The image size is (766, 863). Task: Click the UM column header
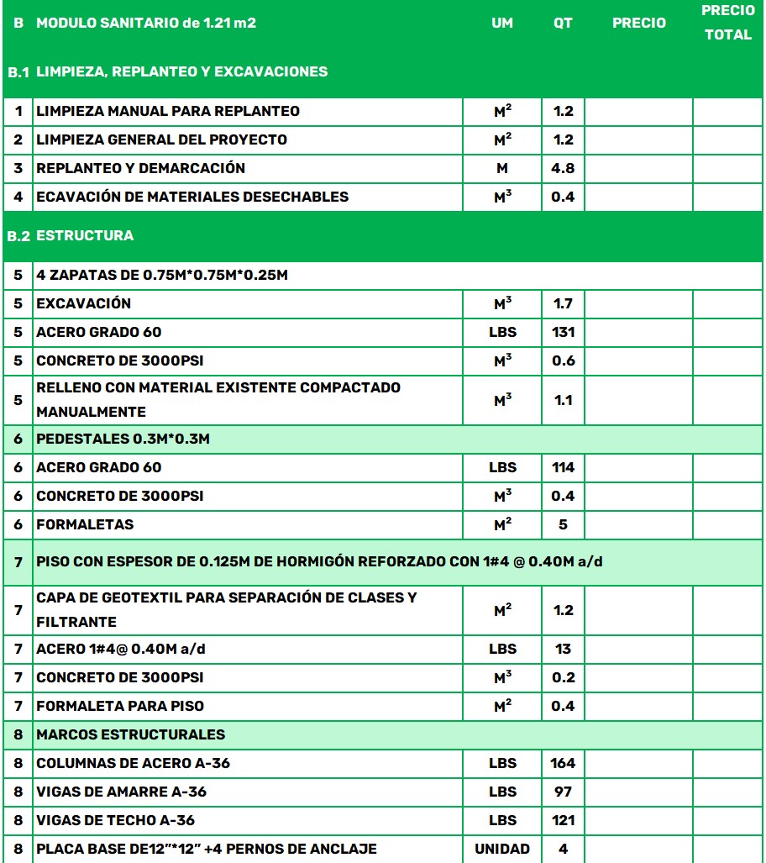(x=501, y=24)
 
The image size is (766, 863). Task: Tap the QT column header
(x=563, y=24)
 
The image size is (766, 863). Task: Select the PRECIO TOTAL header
(x=727, y=23)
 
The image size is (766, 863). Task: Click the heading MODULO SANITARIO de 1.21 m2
(x=146, y=24)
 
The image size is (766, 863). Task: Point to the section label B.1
(x=18, y=72)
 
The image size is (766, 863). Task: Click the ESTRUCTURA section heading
(x=85, y=235)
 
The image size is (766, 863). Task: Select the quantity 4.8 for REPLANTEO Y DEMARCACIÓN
(x=563, y=168)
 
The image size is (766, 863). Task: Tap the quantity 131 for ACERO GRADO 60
(x=563, y=332)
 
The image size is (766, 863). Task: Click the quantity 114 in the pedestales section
(x=563, y=467)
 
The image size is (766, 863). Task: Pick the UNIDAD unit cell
(x=502, y=849)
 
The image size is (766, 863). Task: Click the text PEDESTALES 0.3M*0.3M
(x=122, y=439)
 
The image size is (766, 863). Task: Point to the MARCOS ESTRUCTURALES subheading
(x=130, y=734)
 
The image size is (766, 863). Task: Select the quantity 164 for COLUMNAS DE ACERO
(x=563, y=763)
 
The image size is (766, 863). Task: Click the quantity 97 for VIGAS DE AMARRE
(x=563, y=792)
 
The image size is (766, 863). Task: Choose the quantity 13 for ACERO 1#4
(x=563, y=649)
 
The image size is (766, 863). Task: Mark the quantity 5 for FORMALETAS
(x=563, y=524)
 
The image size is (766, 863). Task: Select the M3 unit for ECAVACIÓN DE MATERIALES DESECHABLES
(x=502, y=197)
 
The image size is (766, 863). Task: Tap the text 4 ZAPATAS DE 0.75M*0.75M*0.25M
(x=162, y=276)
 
